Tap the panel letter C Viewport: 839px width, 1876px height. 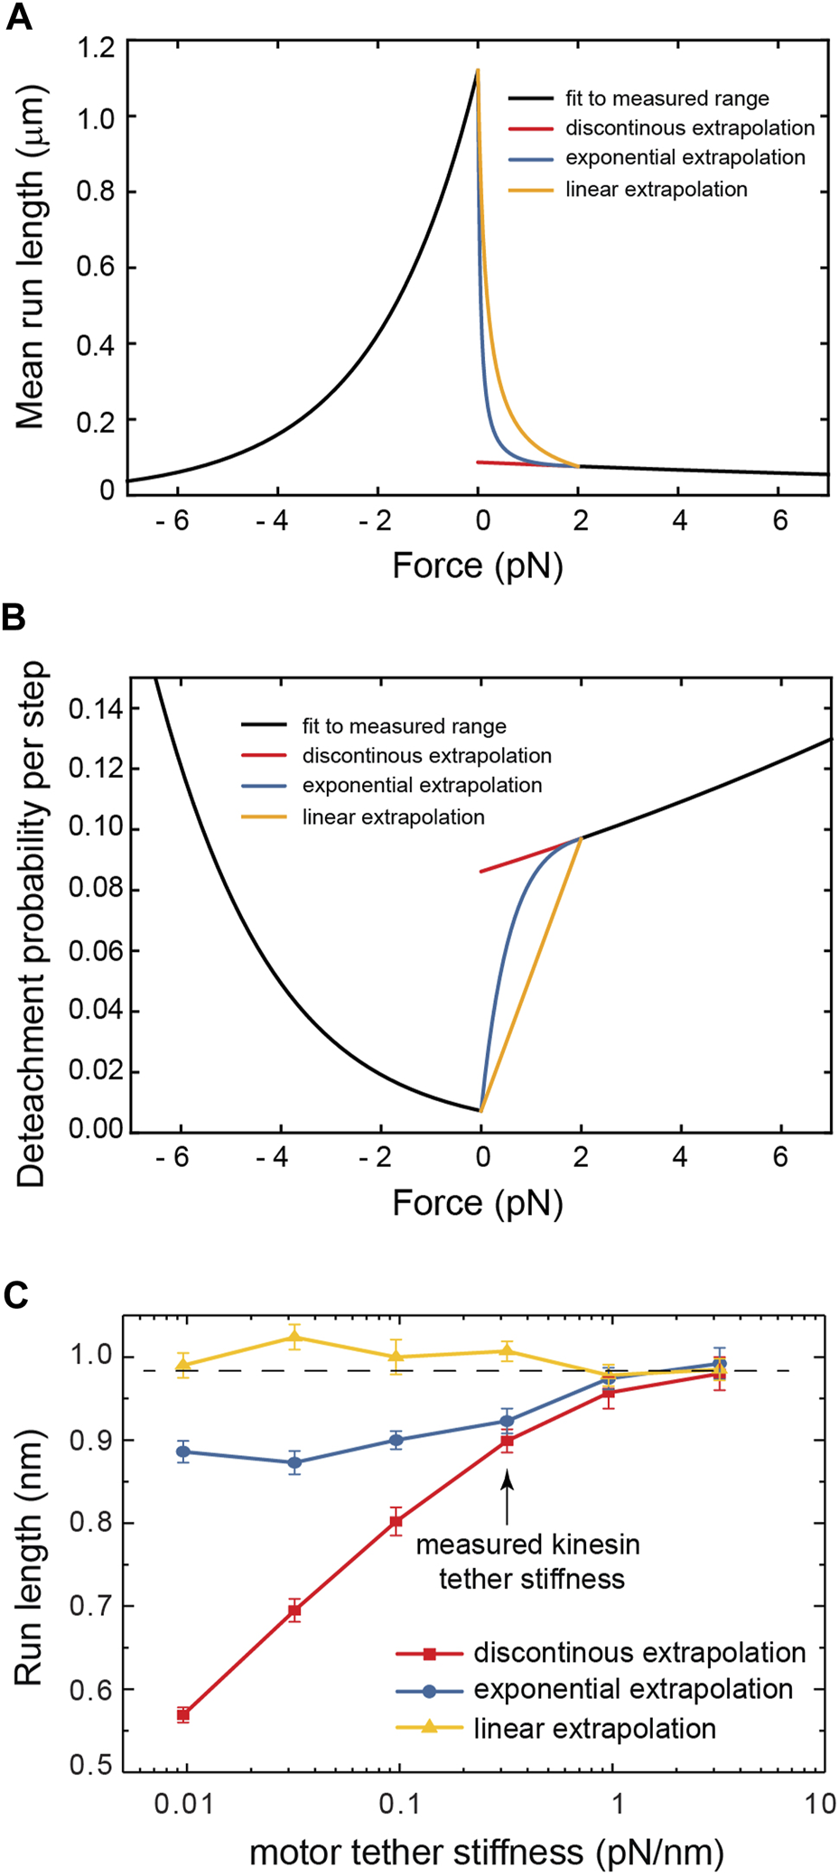tap(16, 1295)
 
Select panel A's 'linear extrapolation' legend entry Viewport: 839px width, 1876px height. tap(656, 190)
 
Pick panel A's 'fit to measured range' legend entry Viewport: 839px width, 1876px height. tap(667, 98)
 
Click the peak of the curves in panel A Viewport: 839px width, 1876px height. tap(478, 70)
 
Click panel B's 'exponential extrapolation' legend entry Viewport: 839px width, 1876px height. tap(421, 786)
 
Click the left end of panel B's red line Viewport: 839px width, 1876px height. tap(481, 872)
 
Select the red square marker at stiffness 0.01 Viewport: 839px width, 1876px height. tap(183, 1714)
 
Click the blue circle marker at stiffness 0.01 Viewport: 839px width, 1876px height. tap(183, 1452)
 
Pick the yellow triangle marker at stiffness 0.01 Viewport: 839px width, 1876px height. tap(183, 1365)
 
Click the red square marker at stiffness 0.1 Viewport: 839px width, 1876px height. tap(396, 1522)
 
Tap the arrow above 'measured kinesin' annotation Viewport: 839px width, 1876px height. tap(507, 1497)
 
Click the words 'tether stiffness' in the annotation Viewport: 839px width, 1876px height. tap(531, 1580)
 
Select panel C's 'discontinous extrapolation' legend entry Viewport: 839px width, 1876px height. tap(639, 1653)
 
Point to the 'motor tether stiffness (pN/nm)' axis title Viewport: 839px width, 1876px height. tap(486, 1853)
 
